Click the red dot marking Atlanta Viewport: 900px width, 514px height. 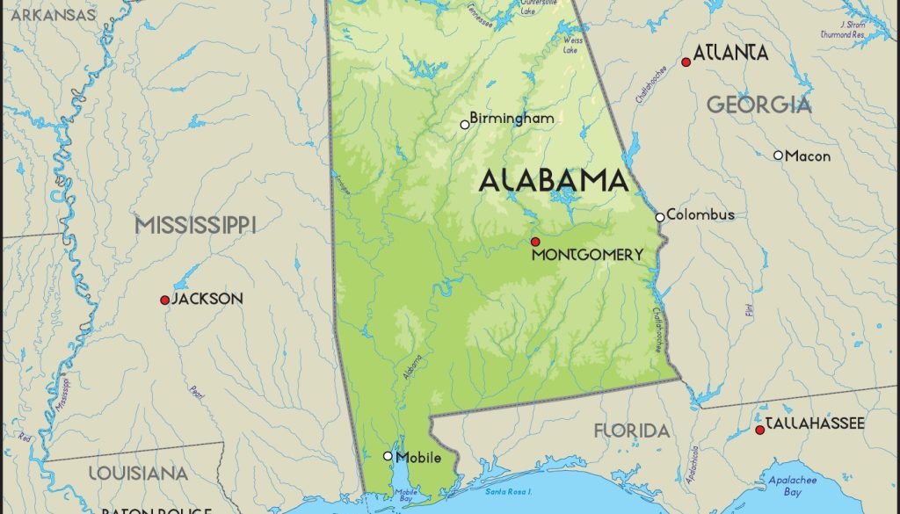[686, 62]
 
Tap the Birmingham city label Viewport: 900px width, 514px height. [512, 118]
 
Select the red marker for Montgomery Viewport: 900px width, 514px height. [534, 241]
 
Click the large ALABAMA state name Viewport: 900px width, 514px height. [554, 181]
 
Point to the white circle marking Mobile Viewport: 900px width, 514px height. [388, 455]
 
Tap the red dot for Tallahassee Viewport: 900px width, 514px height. [759, 430]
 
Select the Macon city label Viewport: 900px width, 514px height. [808, 156]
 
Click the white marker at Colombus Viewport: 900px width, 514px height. [660, 216]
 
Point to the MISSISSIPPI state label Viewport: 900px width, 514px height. [195, 225]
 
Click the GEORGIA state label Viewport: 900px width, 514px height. [759, 105]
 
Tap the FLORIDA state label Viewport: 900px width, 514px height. [631, 431]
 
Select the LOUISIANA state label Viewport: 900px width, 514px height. [138, 473]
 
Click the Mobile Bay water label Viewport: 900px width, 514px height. [406, 496]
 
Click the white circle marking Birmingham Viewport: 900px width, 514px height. [465, 125]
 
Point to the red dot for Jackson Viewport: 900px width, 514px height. [164, 300]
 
